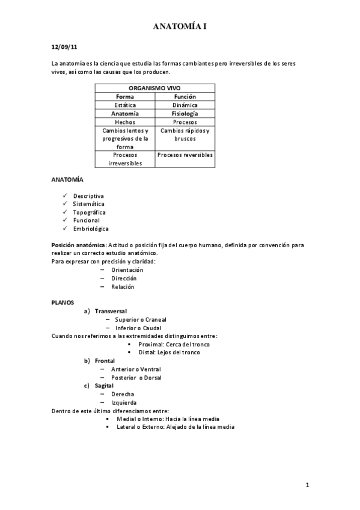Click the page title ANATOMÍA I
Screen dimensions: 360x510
(180, 26)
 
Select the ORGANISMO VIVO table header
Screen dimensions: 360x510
(154, 88)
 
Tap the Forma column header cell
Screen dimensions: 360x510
(125, 96)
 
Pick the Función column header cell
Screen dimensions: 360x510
(185, 96)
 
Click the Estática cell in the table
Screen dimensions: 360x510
(125, 105)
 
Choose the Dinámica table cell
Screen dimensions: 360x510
(185, 105)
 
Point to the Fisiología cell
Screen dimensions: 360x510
(185, 113)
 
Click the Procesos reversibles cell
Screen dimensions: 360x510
(185, 155)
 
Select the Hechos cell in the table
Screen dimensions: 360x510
(125, 121)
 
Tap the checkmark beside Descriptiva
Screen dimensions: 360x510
(65, 196)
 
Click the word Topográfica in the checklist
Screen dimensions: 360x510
(90, 212)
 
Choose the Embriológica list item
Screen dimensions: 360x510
(91, 229)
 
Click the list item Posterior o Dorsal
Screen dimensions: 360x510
(136, 378)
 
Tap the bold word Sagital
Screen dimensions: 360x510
(105, 386)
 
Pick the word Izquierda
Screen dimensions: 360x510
(124, 402)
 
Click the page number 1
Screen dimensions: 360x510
(307, 485)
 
